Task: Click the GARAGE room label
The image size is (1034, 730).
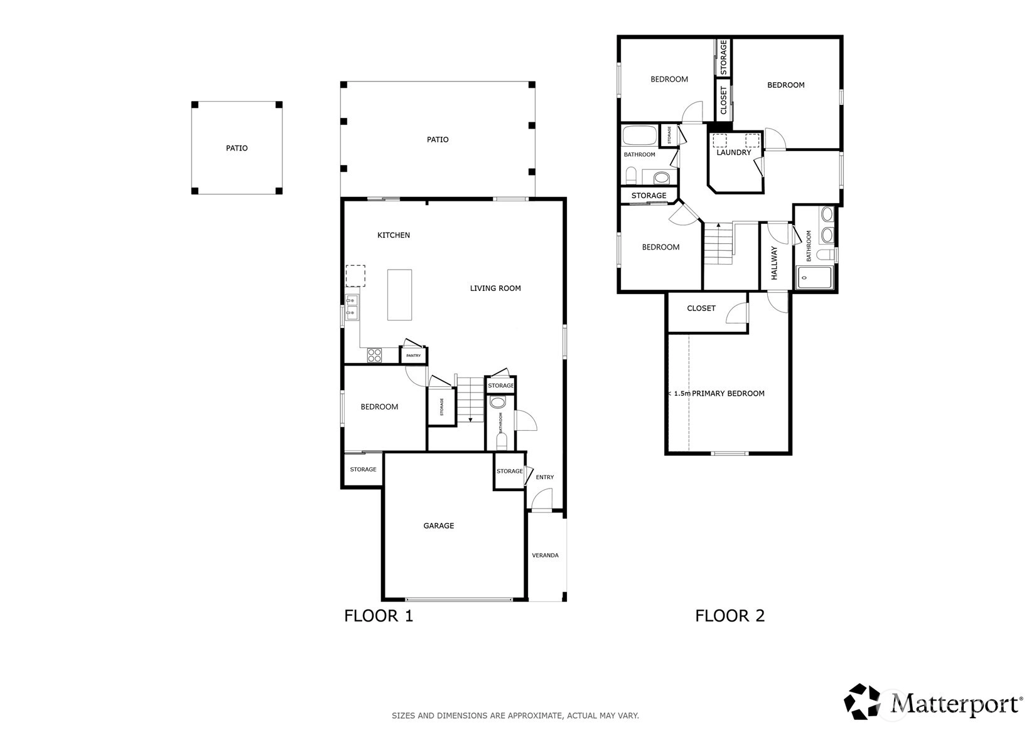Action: tap(439, 526)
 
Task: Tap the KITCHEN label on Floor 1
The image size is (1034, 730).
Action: tap(394, 235)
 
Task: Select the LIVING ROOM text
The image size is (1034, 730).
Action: tap(495, 288)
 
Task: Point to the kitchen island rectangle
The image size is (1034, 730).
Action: tap(399, 295)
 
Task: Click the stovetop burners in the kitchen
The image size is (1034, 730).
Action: tap(374, 355)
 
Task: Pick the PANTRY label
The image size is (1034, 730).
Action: tap(414, 356)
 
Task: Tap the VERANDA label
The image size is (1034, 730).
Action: tap(545, 555)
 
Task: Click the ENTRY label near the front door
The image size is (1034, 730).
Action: tap(545, 477)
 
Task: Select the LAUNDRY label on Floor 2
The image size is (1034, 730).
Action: tap(734, 152)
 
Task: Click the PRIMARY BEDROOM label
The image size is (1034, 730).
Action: tap(728, 393)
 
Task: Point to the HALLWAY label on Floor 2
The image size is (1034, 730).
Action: tap(774, 263)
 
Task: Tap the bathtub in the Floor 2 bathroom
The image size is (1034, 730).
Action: tap(640, 135)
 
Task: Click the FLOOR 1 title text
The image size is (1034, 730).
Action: tap(379, 616)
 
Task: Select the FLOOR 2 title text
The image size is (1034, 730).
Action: tap(730, 616)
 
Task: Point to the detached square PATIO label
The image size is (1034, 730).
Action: tap(237, 148)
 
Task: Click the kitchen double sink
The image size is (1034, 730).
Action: tap(352, 307)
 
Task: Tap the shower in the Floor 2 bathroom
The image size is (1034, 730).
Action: tap(814, 278)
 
